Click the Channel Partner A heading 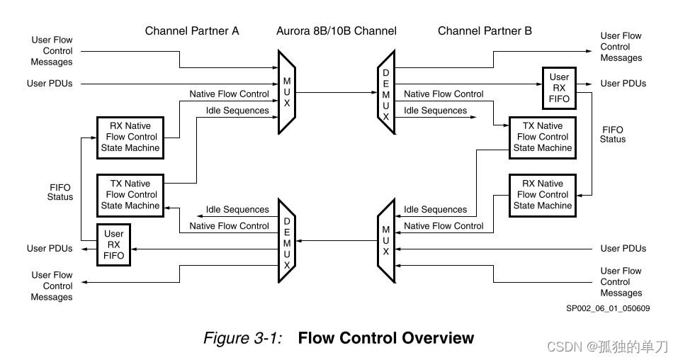pyautogui.click(x=192, y=30)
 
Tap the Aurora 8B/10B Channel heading pyautogui.click(x=337, y=30)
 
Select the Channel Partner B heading pyautogui.click(x=485, y=30)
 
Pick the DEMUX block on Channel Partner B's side pyautogui.click(x=386, y=91)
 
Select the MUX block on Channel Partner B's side pyautogui.click(x=386, y=240)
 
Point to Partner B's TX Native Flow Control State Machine pyautogui.click(x=542, y=137)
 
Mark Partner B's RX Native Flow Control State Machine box pyautogui.click(x=542, y=194)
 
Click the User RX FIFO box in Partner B pyautogui.click(x=559, y=88)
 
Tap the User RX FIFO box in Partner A pyautogui.click(x=113, y=244)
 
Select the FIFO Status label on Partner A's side pyautogui.click(x=60, y=191)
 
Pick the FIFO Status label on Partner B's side pyautogui.click(x=613, y=135)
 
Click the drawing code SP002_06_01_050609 pyautogui.click(x=608, y=308)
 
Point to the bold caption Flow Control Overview pyautogui.click(x=385, y=338)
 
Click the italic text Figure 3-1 pyautogui.click(x=242, y=338)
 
